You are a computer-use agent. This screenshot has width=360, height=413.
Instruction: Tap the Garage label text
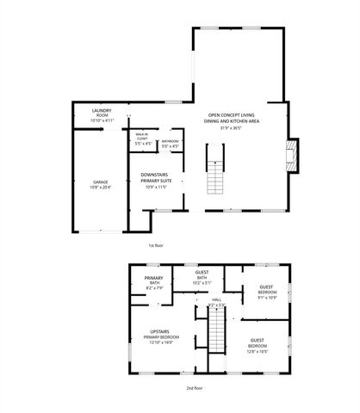click(x=101, y=182)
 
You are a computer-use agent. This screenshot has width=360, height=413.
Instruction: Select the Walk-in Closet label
click(x=143, y=135)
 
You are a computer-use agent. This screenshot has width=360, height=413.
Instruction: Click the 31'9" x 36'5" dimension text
click(x=233, y=128)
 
